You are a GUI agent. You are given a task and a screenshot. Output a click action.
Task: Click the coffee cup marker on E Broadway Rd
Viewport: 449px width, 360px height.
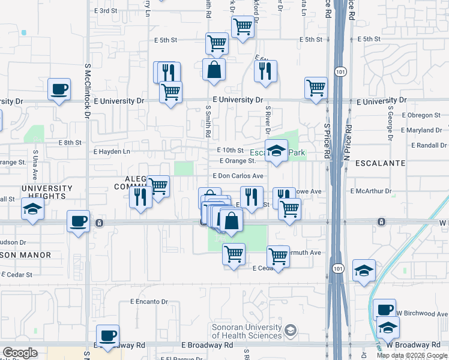click(107, 336)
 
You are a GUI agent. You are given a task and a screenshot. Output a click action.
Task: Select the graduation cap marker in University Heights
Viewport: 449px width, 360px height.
click(32, 209)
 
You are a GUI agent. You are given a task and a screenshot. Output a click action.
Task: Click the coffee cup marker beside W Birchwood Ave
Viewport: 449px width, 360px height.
click(384, 310)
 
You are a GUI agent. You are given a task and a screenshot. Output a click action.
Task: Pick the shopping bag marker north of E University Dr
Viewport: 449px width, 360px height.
click(214, 70)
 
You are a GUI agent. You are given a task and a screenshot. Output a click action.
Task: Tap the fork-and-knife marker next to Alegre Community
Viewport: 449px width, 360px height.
click(140, 196)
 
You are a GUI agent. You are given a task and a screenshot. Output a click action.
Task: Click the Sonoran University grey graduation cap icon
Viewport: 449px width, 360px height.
click(291, 331)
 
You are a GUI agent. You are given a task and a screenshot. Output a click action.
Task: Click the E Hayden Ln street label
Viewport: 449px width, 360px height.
click(112, 152)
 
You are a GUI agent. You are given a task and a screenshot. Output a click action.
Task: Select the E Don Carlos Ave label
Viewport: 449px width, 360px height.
click(238, 176)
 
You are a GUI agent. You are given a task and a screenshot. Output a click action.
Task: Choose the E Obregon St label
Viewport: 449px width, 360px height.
click(423, 115)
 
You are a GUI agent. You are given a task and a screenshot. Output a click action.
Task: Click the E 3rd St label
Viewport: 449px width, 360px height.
click(106, 11)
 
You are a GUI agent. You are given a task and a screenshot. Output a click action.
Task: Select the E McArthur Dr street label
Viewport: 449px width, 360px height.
click(370, 191)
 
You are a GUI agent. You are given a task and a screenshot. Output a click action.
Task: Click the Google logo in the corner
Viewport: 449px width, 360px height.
click(20, 353)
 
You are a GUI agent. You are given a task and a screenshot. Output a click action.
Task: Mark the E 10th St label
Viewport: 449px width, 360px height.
click(231, 150)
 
